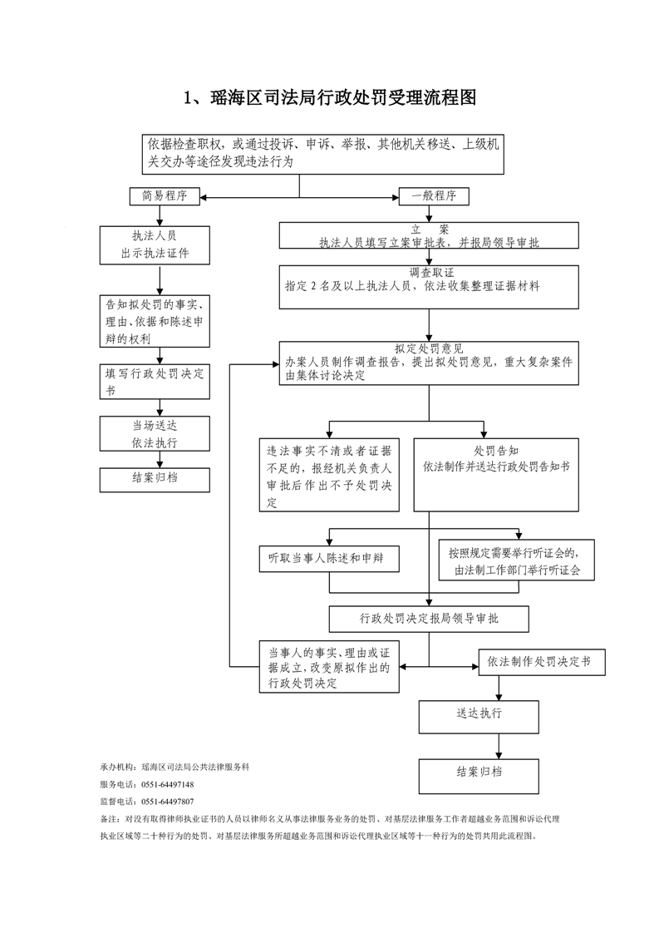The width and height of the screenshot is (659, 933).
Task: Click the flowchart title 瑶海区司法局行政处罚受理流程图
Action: click(x=329, y=98)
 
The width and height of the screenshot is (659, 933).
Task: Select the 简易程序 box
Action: click(x=164, y=196)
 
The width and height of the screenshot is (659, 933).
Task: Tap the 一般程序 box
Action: click(x=434, y=196)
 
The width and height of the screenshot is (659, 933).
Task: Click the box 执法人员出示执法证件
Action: click(x=155, y=244)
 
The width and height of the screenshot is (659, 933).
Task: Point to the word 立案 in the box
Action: click(x=429, y=229)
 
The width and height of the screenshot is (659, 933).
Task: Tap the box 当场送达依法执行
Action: click(x=155, y=433)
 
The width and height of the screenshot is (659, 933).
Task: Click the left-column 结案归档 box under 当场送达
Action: click(x=155, y=478)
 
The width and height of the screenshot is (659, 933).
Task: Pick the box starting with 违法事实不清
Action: click(x=330, y=474)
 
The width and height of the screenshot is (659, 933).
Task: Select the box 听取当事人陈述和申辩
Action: click(x=330, y=558)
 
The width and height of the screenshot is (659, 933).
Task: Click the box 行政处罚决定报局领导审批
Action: click(x=429, y=619)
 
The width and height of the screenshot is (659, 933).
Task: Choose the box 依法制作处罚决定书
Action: click(x=540, y=662)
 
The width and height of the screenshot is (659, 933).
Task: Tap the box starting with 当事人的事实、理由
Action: click(x=330, y=667)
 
